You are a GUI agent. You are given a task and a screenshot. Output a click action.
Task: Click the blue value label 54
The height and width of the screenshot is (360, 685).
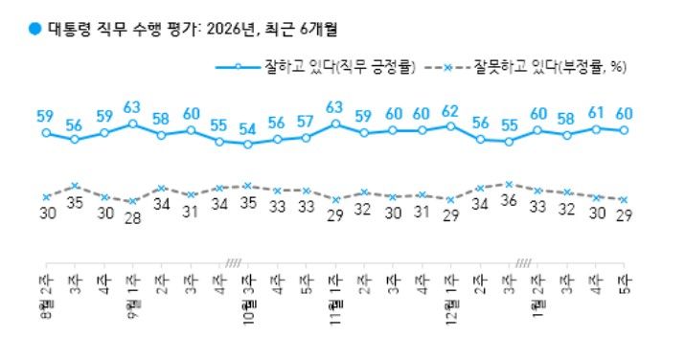248,128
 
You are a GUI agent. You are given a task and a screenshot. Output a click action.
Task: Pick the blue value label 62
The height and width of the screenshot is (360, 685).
450,110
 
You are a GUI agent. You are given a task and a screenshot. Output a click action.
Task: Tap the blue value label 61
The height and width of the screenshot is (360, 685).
595,112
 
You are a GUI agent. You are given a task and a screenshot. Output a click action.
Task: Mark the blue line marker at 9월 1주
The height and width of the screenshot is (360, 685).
132,124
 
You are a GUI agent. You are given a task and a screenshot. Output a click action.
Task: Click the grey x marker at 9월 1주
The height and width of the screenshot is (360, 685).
132,202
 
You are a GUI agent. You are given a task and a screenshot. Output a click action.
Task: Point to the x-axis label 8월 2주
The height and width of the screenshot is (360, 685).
45,284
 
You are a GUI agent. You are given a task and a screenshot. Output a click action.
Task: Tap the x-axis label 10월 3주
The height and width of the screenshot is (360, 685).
247,284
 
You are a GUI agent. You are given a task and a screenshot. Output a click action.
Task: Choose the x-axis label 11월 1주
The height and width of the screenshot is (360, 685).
334,284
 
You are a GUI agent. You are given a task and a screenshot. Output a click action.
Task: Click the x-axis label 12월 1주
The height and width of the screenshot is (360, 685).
450,284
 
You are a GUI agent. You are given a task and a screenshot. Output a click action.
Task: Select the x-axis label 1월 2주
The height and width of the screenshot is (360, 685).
537,284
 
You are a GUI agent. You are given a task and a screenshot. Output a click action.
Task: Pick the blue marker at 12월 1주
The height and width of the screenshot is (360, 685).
450,125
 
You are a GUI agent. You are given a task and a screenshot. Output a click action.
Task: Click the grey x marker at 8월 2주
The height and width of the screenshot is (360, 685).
45,197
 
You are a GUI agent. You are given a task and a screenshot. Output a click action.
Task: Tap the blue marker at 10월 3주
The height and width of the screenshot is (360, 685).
248,145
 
